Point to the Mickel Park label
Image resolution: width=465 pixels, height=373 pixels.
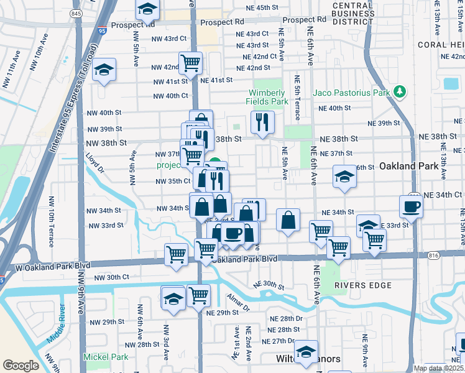pyautogui.click(x=106, y=357)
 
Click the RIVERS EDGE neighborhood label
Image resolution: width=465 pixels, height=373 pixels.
pyautogui.click(x=363, y=285)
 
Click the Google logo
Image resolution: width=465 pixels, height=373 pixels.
pyautogui.click(x=21, y=365)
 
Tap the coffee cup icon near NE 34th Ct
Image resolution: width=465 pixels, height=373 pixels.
pyautogui.click(x=412, y=207)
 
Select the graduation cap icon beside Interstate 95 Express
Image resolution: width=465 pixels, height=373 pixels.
pyautogui.click(x=104, y=70)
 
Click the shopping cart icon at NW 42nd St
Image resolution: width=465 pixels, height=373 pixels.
pyautogui.click(x=190, y=62)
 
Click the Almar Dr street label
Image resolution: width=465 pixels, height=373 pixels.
pyautogui.click(x=237, y=303)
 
